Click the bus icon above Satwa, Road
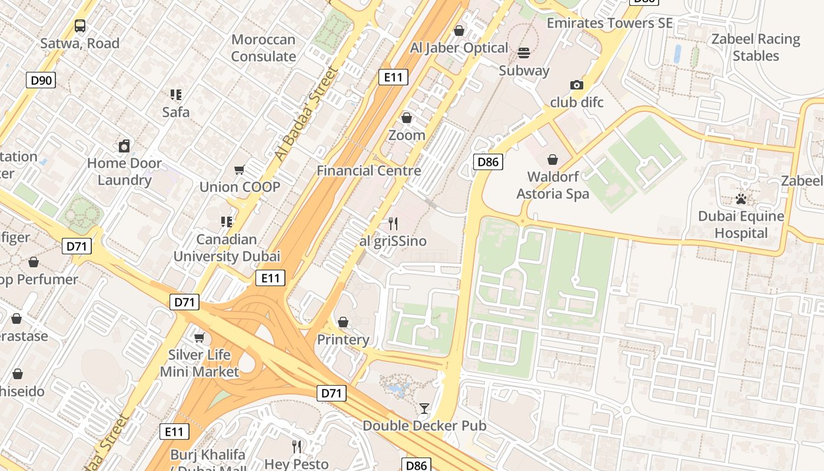[80, 26]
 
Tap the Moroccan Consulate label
[263, 48]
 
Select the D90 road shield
[41, 80]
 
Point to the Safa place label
[176, 112]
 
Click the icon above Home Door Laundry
[124, 146]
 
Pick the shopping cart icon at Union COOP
[239, 170]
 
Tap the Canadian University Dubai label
[227, 248]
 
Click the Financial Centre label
[369, 171]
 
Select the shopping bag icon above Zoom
[406, 118]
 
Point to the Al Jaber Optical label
[459, 48]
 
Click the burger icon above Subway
[524, 54]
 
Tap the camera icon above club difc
[577, 85]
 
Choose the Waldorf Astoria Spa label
[553, 185]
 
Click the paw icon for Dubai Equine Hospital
[740, 199]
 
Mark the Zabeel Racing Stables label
[756, 48]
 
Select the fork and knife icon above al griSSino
[393, 224]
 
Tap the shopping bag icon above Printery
[343, 322]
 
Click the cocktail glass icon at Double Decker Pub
[424, 408]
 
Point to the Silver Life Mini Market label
[200, 363]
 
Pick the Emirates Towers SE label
[610, 23]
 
